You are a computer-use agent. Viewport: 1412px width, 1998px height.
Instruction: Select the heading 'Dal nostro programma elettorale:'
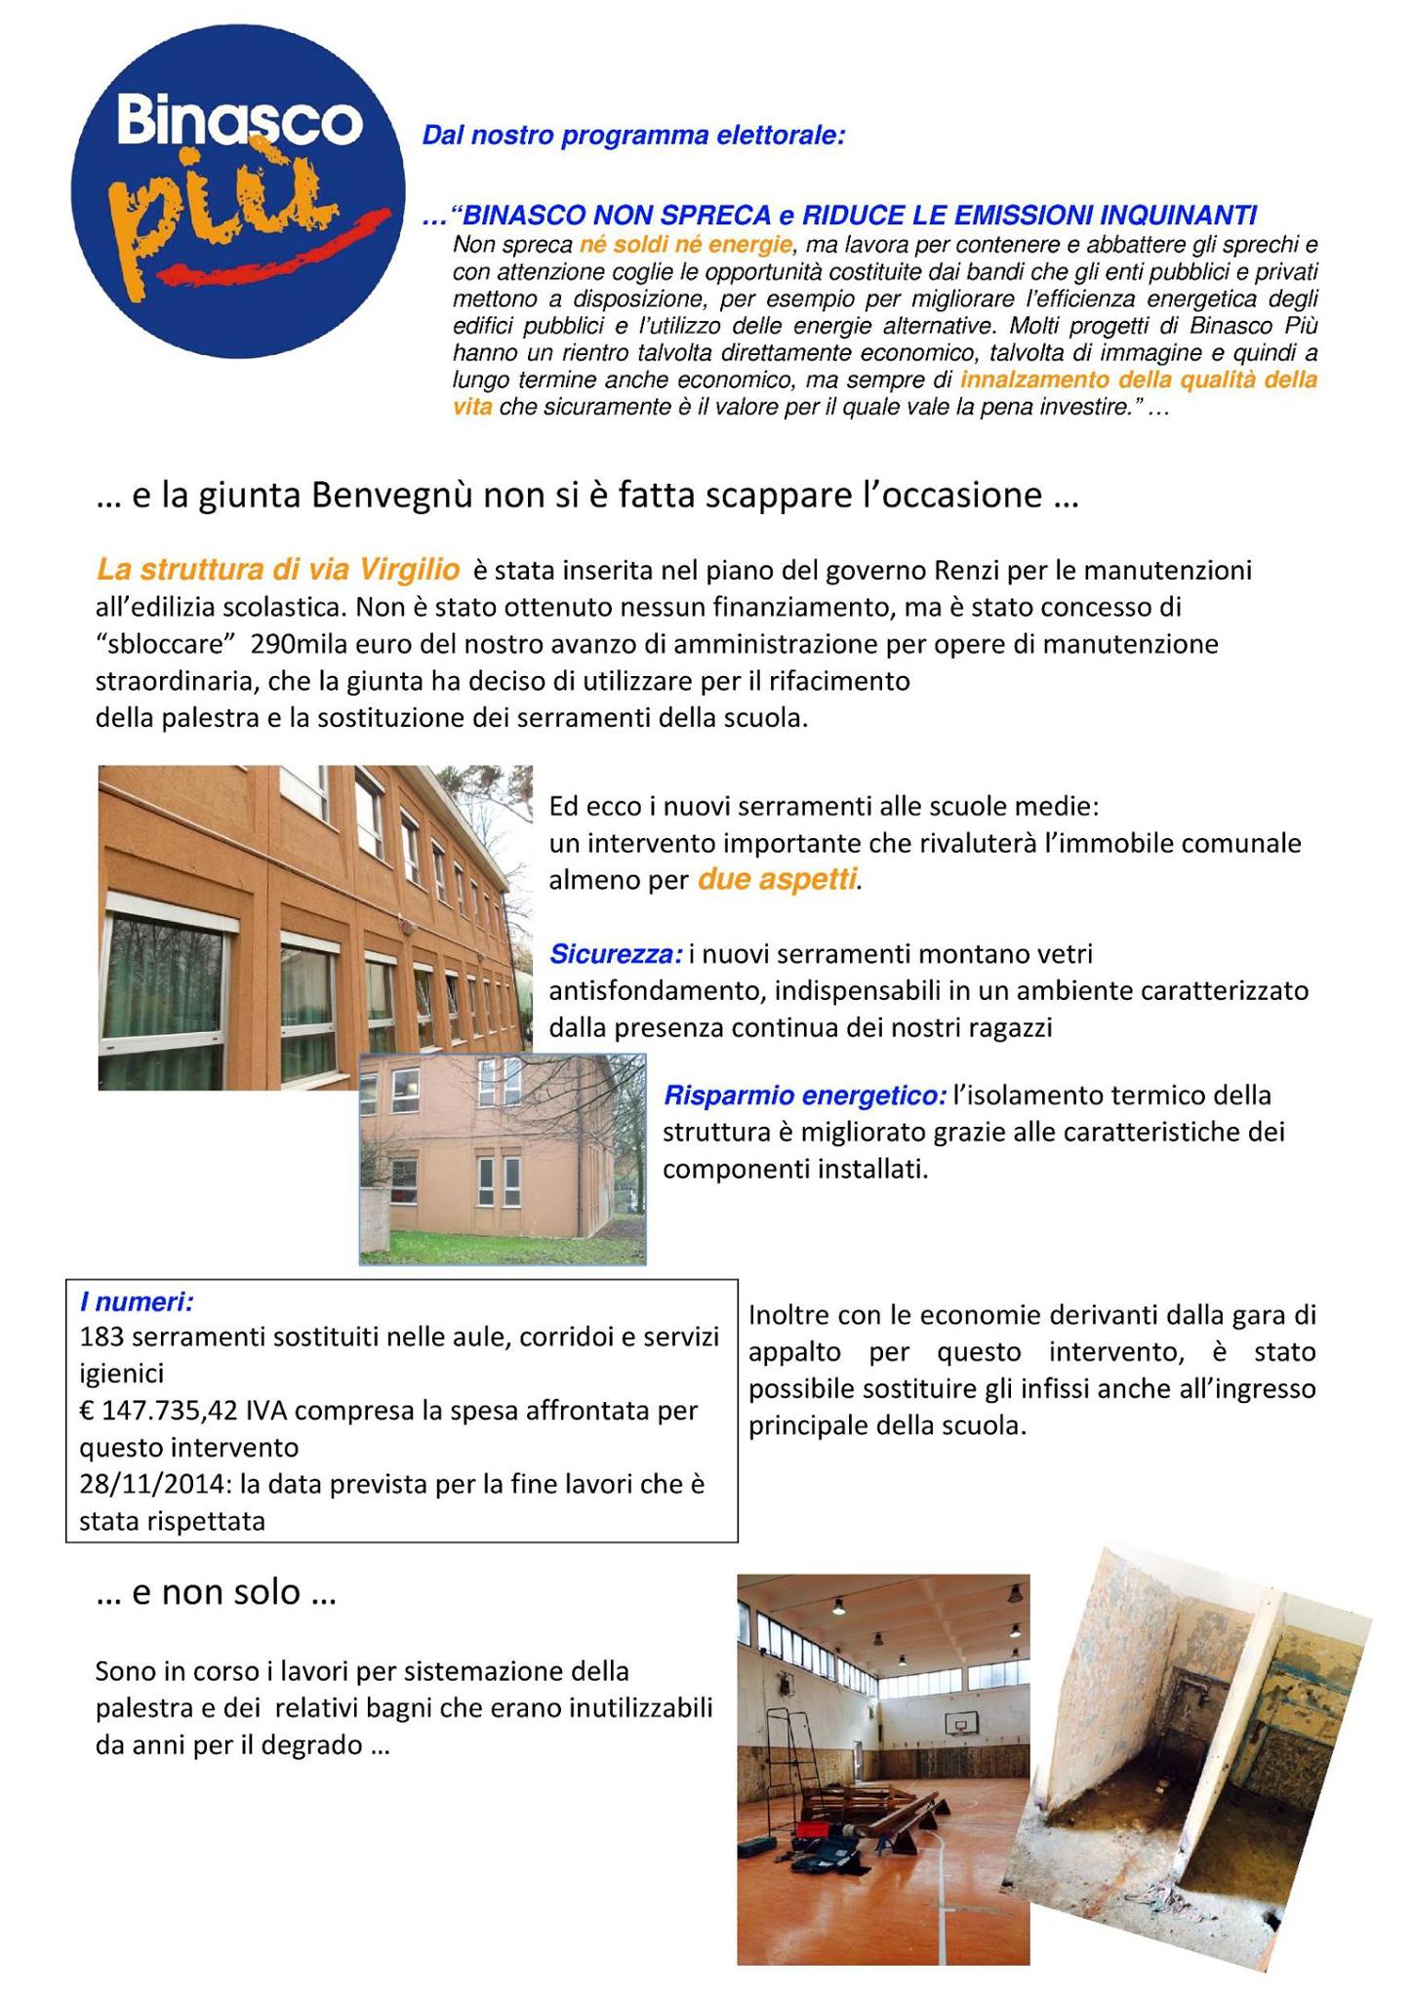pos(632,136)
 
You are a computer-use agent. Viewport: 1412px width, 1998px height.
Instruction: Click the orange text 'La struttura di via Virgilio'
pos(278,569)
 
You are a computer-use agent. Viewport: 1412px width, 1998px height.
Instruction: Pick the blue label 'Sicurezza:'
pos(616,953)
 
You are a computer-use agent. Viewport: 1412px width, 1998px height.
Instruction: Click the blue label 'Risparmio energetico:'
pos(805,1095)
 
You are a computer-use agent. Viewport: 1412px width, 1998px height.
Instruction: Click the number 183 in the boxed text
pos(101,1337)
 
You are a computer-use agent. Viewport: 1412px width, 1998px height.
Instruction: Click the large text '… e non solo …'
pos(217,1593)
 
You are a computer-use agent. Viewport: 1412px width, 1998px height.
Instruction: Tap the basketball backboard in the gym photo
pos(962,1725)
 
